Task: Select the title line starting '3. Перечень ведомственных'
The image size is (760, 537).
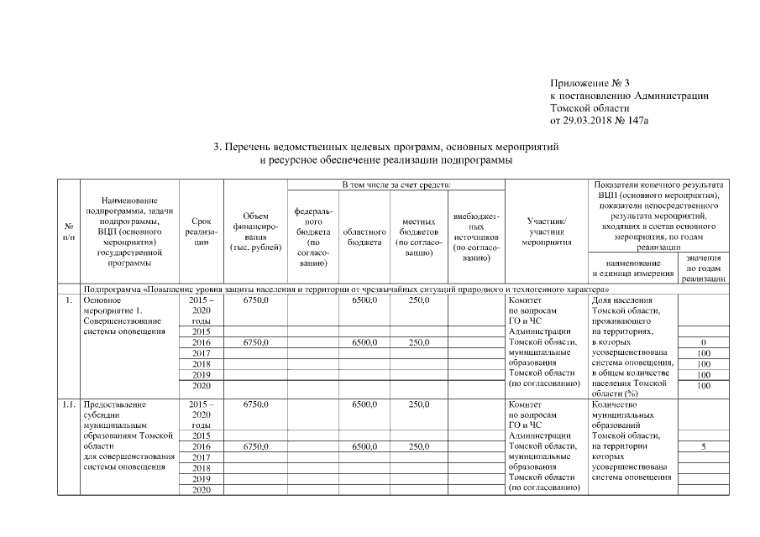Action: [x=385, y=147]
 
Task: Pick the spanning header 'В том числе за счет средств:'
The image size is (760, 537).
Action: [x=397, y=184]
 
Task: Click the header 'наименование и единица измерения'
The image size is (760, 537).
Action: [x=632, y=268]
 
